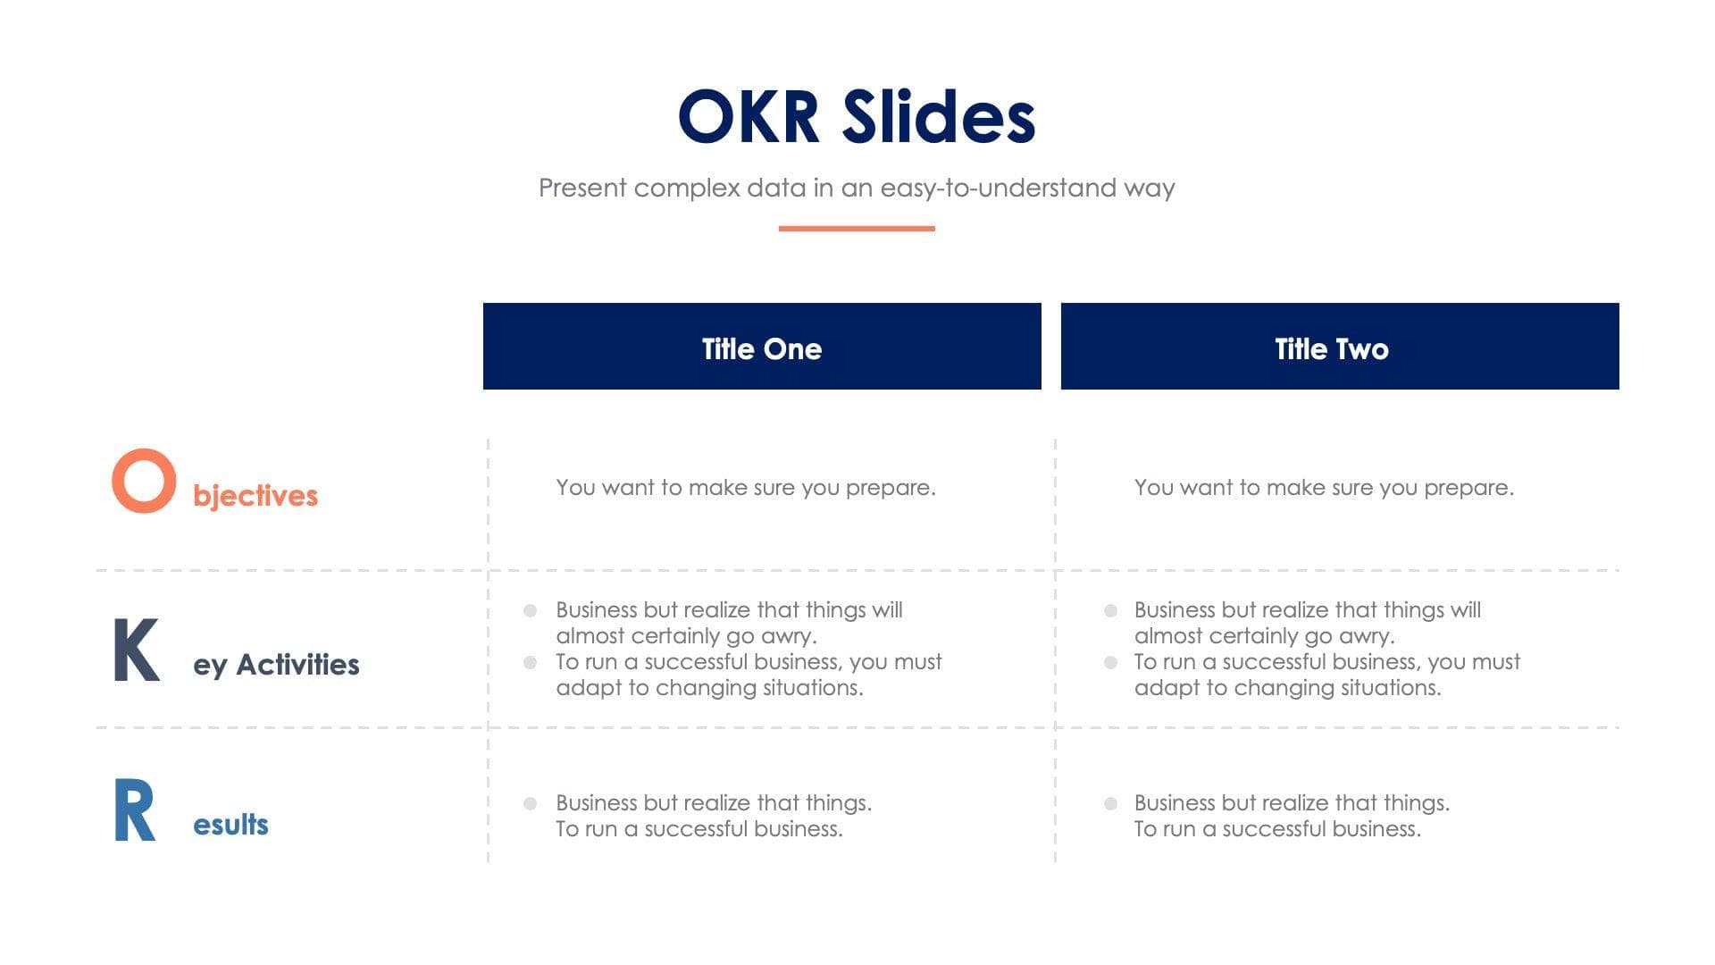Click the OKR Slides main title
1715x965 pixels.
pos(857,117)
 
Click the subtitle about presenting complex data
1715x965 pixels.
pos(857,188)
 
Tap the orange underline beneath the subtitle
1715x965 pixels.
pos(857,229)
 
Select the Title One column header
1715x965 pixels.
pos(762,348)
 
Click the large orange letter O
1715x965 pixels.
pos(143,481)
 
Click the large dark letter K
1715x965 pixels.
pos(136,650)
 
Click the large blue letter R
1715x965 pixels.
pos(135,810)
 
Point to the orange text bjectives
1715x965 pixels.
pos(255,496)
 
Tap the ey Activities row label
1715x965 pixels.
pos(276,665)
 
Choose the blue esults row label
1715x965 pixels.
pos(230,825)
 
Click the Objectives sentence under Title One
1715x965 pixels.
pos(746,488)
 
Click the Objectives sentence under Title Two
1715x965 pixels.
pos(1324,488)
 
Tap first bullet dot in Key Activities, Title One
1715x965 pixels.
pos(530,610)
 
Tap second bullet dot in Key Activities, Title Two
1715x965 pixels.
pos(1110,662)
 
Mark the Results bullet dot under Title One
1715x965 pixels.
pos(530,803)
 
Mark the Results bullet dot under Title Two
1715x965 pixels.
pos(1110,803)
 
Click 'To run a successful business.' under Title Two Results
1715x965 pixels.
pos(1277,829)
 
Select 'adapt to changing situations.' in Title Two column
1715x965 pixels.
pos(1287,688)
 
